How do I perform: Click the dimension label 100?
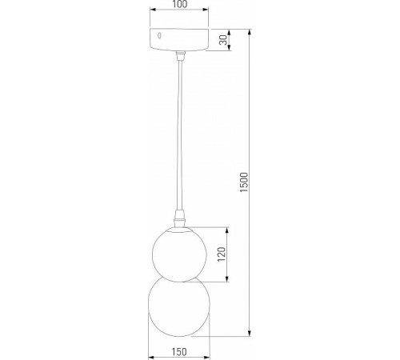pyautogui.click(x=180, y=6)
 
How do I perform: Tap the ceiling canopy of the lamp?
pyautogui.click(x=181, y=40)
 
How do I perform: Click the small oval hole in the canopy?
pyautogui.click(x=160, y=36)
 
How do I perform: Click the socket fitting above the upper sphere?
pyautogui.click(x=180, y=219)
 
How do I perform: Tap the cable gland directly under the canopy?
pyautogui.click(x=181, y=54)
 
